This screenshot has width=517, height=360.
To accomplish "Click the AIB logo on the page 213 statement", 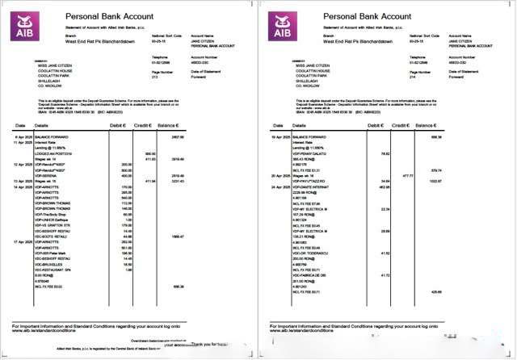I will pyautogui.click(x=25, y=25).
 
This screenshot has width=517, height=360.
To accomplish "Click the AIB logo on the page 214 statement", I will pyautogui.click(x=284, y=25).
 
